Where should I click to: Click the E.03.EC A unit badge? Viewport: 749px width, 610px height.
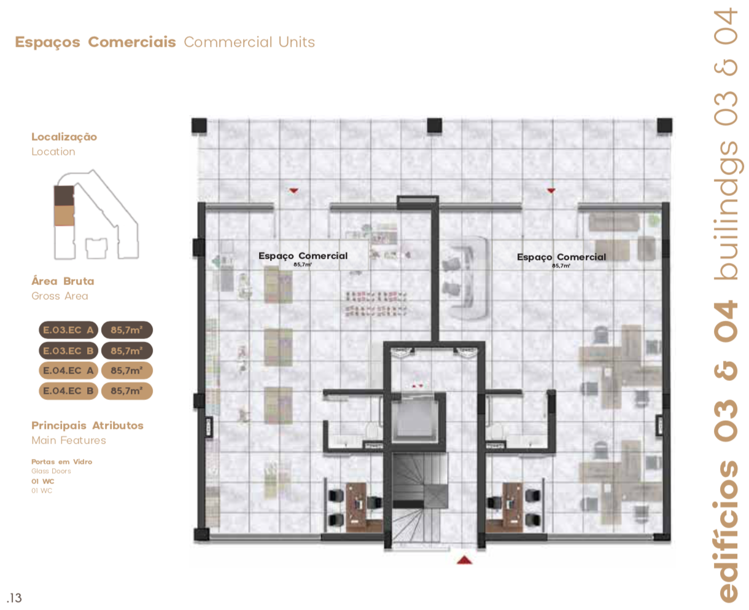click(68, 330)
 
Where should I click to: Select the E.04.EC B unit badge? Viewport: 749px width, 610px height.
click(68, 391)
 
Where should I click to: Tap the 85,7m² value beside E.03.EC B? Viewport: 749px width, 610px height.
click(127, 351)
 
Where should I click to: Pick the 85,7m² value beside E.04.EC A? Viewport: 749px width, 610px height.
click(127, 370)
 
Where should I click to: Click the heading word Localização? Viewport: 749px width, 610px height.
click(64, 137)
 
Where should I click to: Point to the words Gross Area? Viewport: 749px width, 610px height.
click(60, 296)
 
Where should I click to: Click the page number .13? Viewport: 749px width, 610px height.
click(14, 598)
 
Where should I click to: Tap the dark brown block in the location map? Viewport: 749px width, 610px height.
click(64, 195)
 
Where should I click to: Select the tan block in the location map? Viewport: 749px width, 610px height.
click(64, 216)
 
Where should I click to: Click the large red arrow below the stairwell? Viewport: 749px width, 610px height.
click(464, 560)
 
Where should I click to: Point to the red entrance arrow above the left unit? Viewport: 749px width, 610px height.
click(293, 190)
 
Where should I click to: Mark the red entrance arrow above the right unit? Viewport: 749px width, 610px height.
click(551, 190)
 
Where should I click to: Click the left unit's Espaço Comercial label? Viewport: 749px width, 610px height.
click(303, 256)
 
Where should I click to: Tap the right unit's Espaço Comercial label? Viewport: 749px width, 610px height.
click(561, 257)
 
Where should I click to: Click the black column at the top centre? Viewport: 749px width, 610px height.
click(434, 125)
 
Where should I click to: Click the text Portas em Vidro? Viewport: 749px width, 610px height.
click(62, 461)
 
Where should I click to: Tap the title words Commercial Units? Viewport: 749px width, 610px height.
click(249, 42)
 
